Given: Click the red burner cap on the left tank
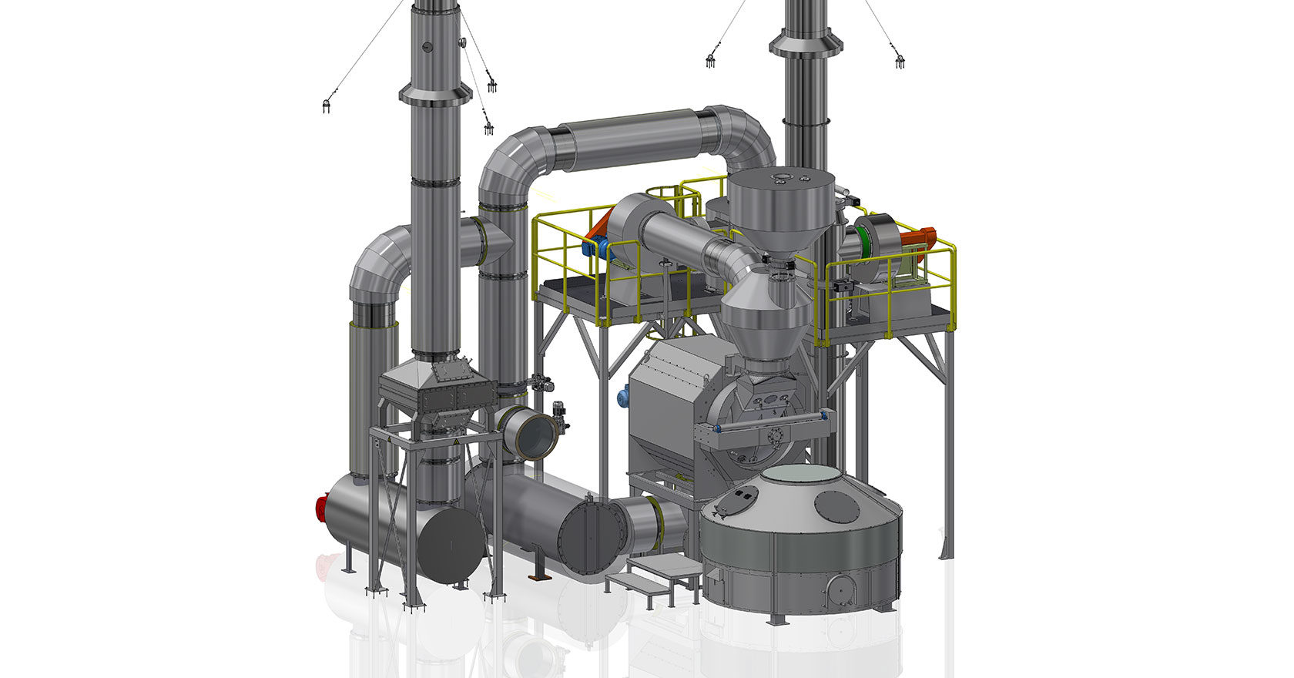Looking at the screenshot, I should coord(322,509).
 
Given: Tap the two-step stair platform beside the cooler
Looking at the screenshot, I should coord(655,574).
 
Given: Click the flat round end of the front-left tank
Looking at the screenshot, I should coord(451,545).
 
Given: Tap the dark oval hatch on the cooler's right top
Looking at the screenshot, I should coord(836,506).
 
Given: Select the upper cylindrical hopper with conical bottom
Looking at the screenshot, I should coord(781,208).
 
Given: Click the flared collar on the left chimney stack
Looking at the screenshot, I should coord(435,95).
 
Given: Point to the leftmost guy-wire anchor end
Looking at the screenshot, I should coord(327,106).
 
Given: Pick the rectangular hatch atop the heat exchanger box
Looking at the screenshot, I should coord(447,374).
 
